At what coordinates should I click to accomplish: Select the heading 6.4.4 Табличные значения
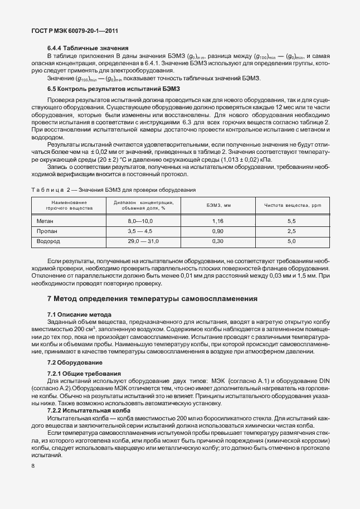click(88, 49)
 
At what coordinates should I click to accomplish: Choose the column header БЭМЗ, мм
click(218, 205)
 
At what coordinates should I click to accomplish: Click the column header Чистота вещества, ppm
click(291, 205)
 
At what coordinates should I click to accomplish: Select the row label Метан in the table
click(46, 221)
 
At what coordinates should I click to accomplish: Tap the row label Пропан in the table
click(47, 231)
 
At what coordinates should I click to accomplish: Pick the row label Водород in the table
click(48, 241)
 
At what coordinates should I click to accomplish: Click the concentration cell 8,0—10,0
click(140, 221)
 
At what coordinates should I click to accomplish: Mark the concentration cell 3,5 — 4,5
click(140, 231)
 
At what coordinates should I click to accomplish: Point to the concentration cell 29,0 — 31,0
click(140, 241)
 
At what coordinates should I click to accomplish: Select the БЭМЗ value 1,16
click(218, 221)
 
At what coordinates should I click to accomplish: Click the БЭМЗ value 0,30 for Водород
click(218, 241)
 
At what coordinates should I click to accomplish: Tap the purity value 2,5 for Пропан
click(291, 231)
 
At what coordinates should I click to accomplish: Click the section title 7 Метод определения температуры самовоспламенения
click(152, 299)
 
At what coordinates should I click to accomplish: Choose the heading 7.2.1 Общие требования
click(84, 372)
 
